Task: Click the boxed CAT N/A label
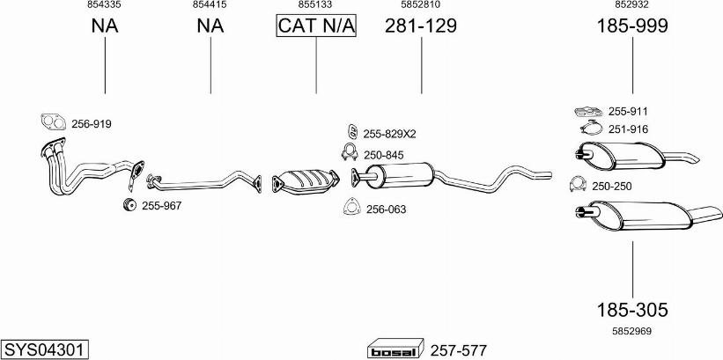pos(316,26)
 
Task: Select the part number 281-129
pos(421,26)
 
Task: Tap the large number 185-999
pos(632,26)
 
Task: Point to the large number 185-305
pos(632,310)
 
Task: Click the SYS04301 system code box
pos(45,348)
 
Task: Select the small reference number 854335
pos(105,4)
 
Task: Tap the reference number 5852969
pos(632,331)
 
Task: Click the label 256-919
pos(92,124)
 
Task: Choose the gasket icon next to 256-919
pos(53,122)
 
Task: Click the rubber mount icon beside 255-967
pos(129,205)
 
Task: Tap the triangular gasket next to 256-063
pos(352,207)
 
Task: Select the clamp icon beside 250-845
pos(350,152)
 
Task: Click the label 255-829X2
pos(389,134)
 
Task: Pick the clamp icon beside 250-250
pos(578,184)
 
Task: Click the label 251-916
pos(628,129)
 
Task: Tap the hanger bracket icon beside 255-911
pos(589,111)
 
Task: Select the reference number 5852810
pos(421,4)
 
